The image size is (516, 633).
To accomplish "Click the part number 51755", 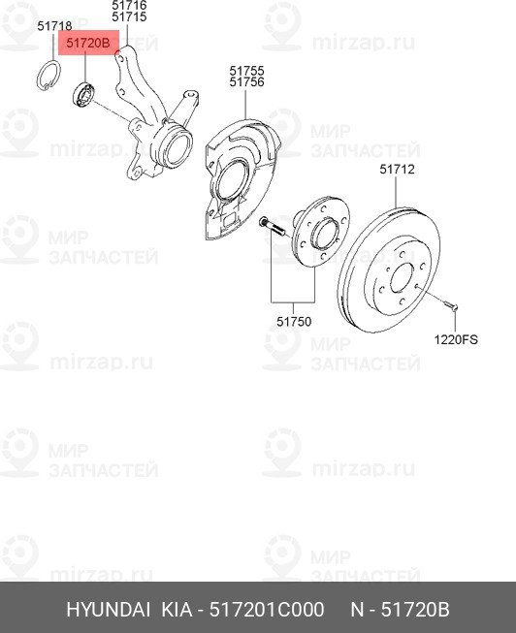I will click(x=246, y=70).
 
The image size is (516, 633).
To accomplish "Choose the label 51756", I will click(x=246, y=82).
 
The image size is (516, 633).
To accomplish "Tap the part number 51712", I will click(x=397, y=170).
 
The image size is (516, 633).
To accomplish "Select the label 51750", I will click(x=293, y=321).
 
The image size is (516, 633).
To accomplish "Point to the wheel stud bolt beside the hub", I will click(x=271, y=228).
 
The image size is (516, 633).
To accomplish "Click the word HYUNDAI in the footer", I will click(x=108, y=610).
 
